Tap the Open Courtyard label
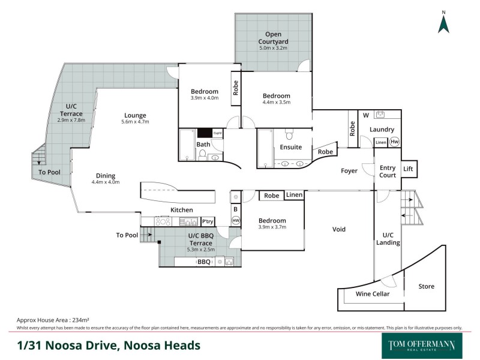click(273, 37)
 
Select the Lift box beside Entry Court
click(409, 169)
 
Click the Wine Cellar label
click(373, 294)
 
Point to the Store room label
click(426, 286)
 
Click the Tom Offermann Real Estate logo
click(418, 346)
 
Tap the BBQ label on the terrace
click(203, 262)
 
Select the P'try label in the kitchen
click(208, 221)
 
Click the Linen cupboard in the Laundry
click(380, 142)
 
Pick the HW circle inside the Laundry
click(394, 142)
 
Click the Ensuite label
click(290, 147)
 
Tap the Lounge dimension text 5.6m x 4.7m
click(135, 122)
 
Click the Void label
click(340, 229)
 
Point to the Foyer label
click(349, 171)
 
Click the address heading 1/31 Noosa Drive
click(109, 346)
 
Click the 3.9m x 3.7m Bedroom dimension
click(272, 227)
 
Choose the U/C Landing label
click(388, 238)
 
